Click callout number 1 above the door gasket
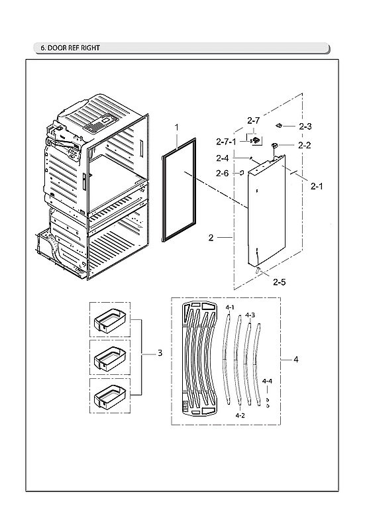point(177,126)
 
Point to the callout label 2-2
point(305,145)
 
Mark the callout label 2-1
point(317,186)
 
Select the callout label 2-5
point(279,282)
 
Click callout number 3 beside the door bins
point(160,354)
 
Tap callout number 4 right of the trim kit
point(295,360)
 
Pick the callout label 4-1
point(229,309)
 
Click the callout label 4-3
point(249,315)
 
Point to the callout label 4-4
point(267,382)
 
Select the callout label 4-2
point(240,415)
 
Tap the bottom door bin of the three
point(109,397)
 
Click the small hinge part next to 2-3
point(281,124)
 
